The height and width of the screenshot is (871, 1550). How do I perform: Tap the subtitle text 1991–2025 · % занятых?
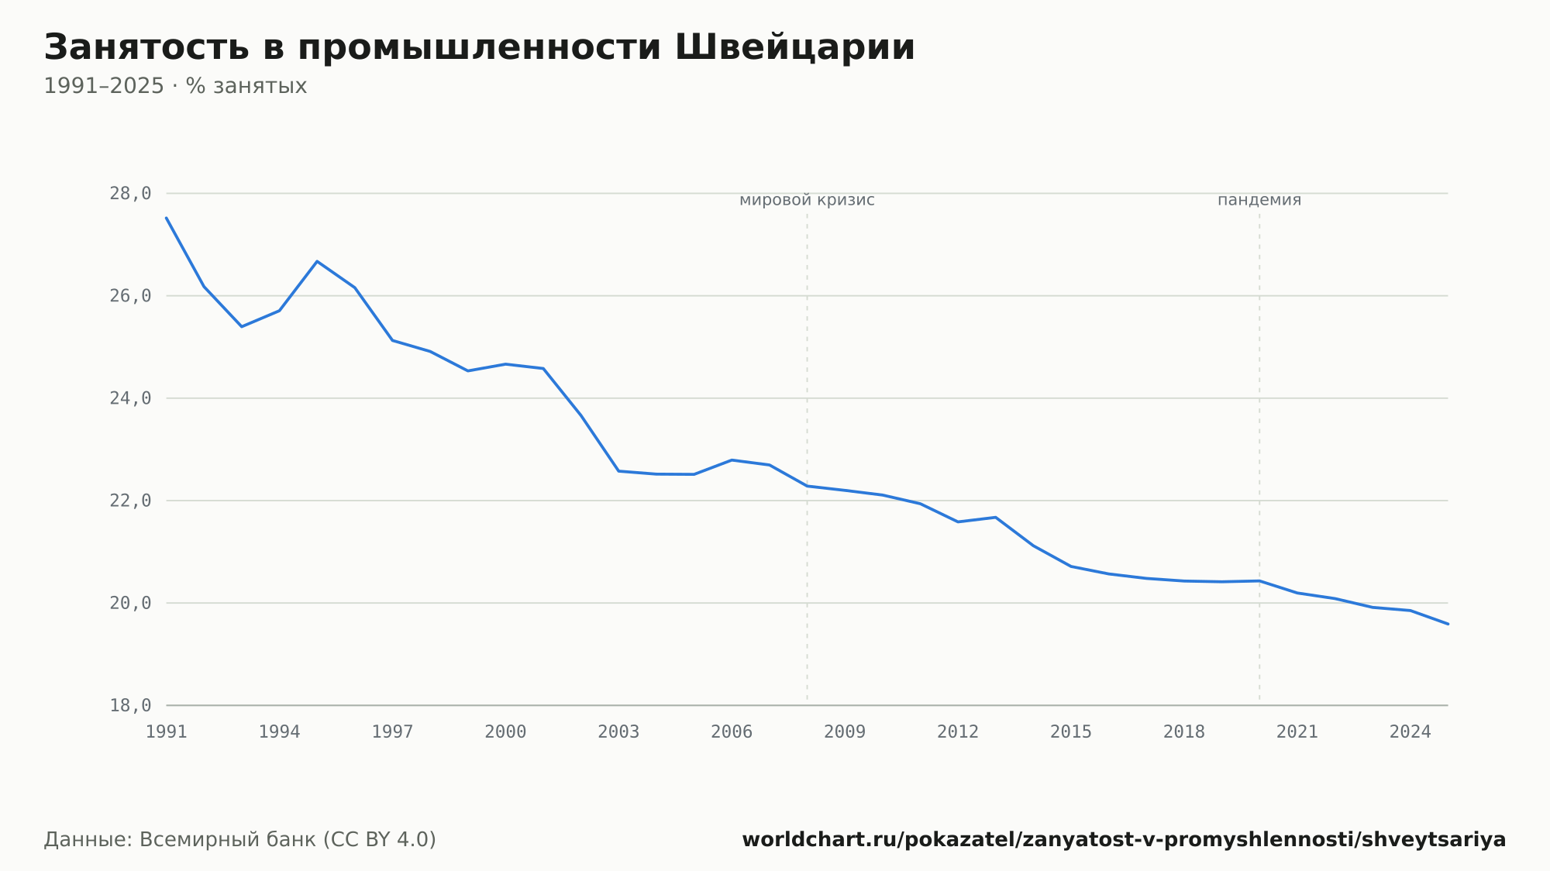click(175, 86)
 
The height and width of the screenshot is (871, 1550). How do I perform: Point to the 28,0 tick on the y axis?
click(130, 194)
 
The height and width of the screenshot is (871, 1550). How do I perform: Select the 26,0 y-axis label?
click(130, 296)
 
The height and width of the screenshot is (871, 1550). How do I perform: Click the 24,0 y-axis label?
click(130, 398)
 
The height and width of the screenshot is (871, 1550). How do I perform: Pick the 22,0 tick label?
click(130, 501)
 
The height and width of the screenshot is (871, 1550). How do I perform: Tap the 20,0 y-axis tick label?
click(130, 603)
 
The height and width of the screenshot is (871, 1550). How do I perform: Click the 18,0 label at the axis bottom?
click(130, 705)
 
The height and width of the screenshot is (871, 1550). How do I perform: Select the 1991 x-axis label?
click(167, 732)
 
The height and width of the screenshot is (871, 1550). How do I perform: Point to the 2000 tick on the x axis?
click(505, 732)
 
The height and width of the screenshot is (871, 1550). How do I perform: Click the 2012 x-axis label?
click(958, 732)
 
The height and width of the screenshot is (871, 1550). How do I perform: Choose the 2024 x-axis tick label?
click(1410, 732)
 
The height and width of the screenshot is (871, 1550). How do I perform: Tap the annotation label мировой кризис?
click(807, 200)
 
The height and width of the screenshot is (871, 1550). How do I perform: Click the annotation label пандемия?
click(1259, 200)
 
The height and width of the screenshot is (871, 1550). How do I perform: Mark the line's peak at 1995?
click(317, 261)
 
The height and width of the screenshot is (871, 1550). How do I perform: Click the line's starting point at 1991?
click(167, 218)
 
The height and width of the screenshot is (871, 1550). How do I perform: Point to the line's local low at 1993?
click(242, 326)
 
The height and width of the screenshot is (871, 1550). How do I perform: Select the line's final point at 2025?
click(1448, 624)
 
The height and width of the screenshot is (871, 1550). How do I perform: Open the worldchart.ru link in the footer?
click(1124, 840)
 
